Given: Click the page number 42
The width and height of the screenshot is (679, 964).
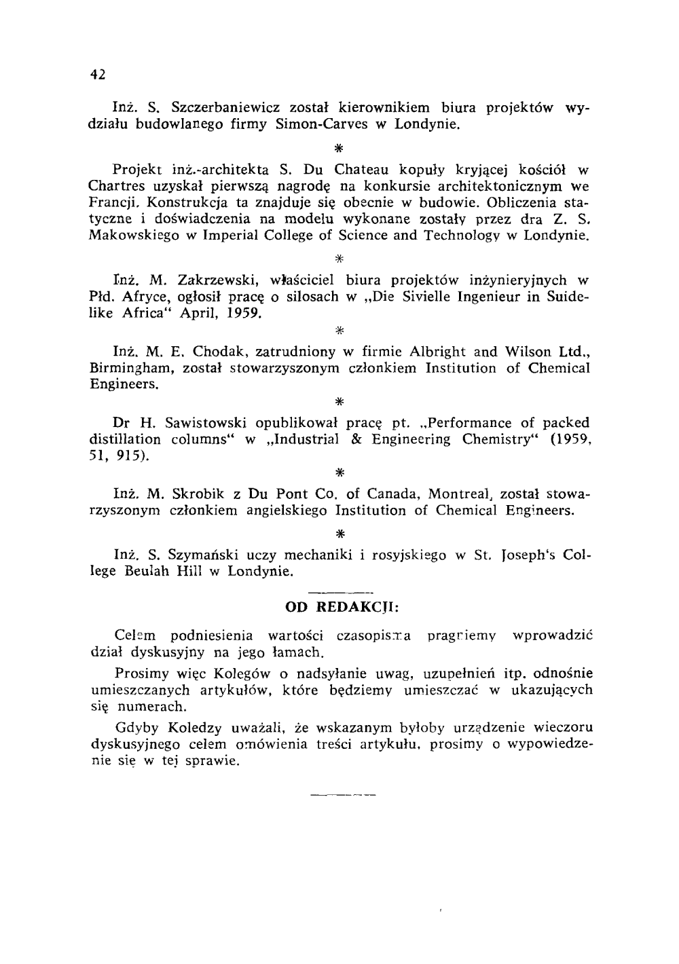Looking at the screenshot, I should click(97, 75).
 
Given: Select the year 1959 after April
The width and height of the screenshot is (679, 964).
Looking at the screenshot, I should click(240, 314).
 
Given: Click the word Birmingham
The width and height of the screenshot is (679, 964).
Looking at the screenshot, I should click(128, 369).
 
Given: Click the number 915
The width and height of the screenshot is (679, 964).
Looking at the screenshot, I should click(131, 457).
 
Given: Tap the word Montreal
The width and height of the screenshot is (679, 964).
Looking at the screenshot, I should click(462, 494).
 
